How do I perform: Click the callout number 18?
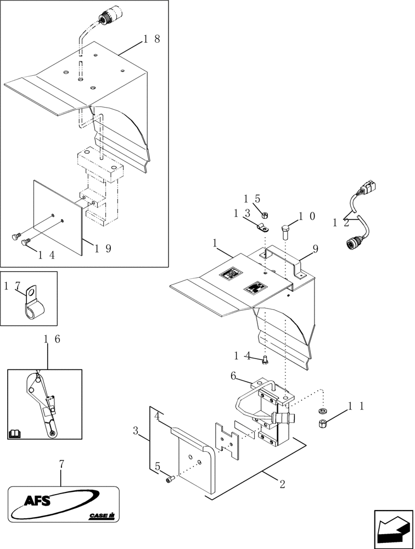(152, 39)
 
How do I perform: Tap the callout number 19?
(102, 248)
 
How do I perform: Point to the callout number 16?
(52, 339)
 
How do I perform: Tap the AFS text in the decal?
(37, 500)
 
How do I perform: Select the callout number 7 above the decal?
(61, 464)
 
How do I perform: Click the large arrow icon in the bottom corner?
(393, 529)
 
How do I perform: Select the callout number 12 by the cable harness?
(340, 223)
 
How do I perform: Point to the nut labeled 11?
(322, 423)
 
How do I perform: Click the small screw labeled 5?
(169, 480)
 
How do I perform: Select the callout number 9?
(316, 249)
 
